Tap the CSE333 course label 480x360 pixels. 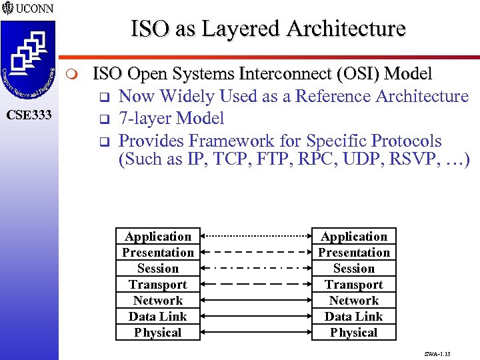tap(29, 115)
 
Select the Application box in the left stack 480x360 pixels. tap(158, 237)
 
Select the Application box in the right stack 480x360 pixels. tap(354, 237)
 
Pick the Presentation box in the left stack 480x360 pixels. tap(158, 253)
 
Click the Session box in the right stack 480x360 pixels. tap(354, 269)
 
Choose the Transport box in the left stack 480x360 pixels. tap(158, 285)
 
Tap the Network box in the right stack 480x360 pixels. tap(354, 301)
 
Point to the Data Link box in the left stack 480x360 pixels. tap(158, 317)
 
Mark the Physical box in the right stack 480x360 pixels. tap(354, 333)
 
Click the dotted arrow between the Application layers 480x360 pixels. tap(256, 236)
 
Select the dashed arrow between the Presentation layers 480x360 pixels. tap(256, 252)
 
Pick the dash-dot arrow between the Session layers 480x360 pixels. tap(256, 268)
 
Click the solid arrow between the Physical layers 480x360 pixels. tap(256, 332)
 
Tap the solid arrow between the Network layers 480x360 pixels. tap(256, 300)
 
